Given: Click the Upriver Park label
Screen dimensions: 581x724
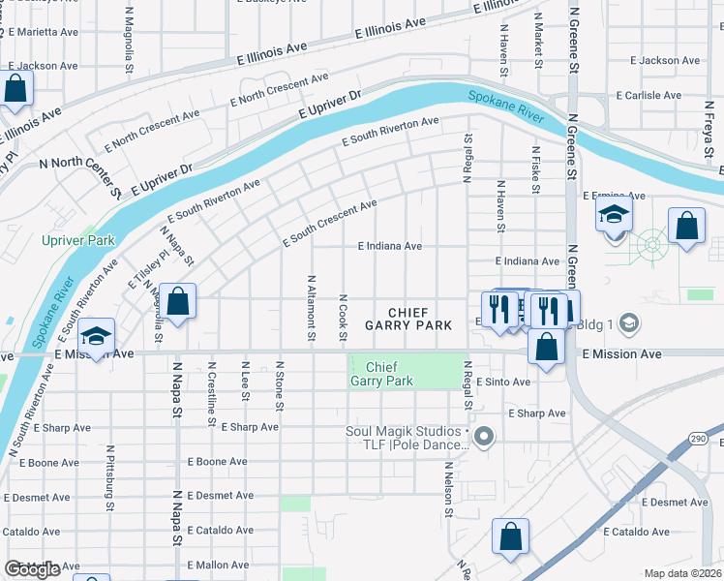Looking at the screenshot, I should pyautogui.click(x=78, y=240).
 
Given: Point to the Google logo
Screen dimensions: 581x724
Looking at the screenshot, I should pyautogui.click(x=31, y=569).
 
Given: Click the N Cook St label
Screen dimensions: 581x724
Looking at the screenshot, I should pyautogui.click(x=343, y=318).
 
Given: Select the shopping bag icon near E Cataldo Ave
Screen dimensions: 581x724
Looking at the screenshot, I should pyautogui.click(x=510, y=537).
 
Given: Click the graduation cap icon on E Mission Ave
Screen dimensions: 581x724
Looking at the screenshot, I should pyautogui.click(x=96, y=336).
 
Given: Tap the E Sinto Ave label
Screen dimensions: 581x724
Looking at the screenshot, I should pyautogui.click(x=502, y=382).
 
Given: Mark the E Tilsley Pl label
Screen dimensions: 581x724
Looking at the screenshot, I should pyautogui.click(x=146, y=268).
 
